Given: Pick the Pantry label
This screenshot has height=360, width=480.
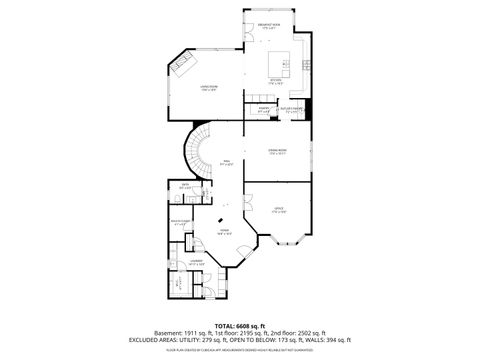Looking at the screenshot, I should [263, 109].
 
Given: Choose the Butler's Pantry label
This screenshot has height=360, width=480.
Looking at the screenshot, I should [291, 109].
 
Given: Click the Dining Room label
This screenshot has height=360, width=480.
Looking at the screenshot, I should [277, 152].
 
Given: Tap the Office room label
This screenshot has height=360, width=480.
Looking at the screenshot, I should [279, 210].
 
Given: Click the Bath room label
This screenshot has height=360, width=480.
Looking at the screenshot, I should [185, 186].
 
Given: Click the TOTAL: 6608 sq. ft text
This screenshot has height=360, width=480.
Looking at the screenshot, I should [240, 326].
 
